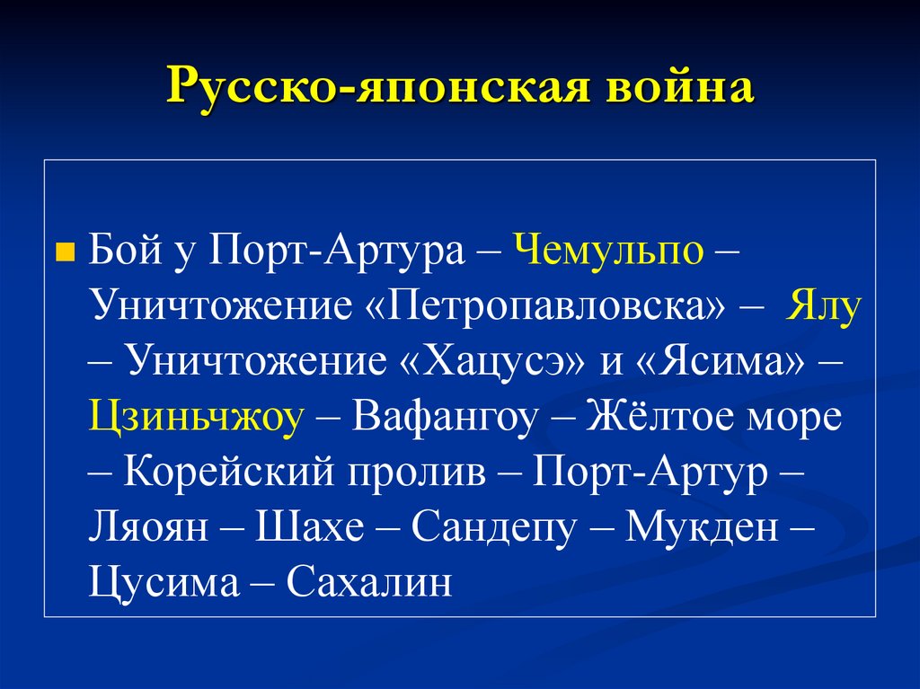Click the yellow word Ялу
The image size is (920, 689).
point(825,306)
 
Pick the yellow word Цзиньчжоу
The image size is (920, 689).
point(197,417)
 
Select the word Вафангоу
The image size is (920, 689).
point(447,417)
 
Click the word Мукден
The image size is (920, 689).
point(702,526)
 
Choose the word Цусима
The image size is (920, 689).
point(164,583)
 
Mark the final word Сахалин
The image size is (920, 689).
point(368,583)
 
